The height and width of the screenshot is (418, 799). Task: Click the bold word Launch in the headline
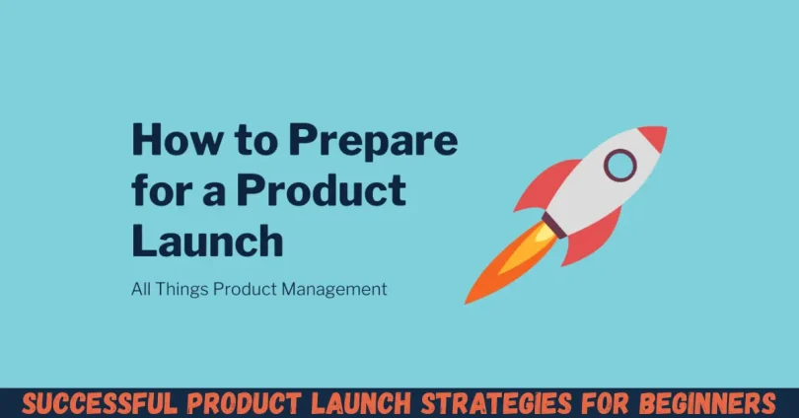click(x=207, y=240)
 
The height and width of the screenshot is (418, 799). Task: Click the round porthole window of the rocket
click(x=619, y=165)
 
